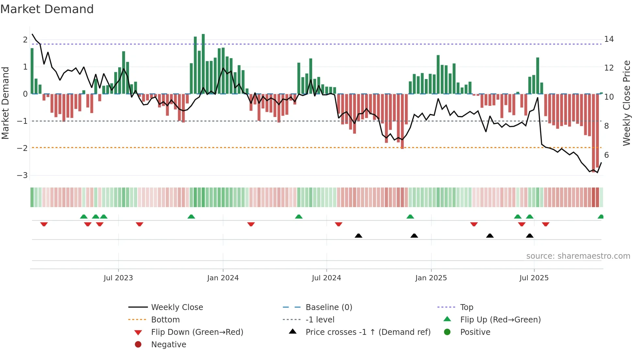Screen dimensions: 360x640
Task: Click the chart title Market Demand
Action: coord(47,9)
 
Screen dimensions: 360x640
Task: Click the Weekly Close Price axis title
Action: coord(626,103)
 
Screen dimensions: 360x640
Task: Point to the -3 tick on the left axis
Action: coord(23,175)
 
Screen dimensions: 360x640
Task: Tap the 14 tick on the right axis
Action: coord(609,39)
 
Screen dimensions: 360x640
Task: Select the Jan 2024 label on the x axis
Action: coord(223,278)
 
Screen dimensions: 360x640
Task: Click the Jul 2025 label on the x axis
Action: coord(534,278)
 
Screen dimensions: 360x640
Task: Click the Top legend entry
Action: coord(467,307)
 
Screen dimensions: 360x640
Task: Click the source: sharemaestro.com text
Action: coord(578,256)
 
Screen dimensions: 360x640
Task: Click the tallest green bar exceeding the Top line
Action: coord(203,64)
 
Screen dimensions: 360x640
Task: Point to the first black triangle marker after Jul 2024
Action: coord(359,236)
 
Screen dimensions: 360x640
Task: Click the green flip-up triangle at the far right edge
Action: coord(601,217)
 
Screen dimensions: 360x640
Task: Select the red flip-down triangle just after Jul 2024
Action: coord(339,224)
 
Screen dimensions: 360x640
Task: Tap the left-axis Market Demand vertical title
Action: coord(5,103)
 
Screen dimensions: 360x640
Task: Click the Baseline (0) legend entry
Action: coord(328,307)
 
